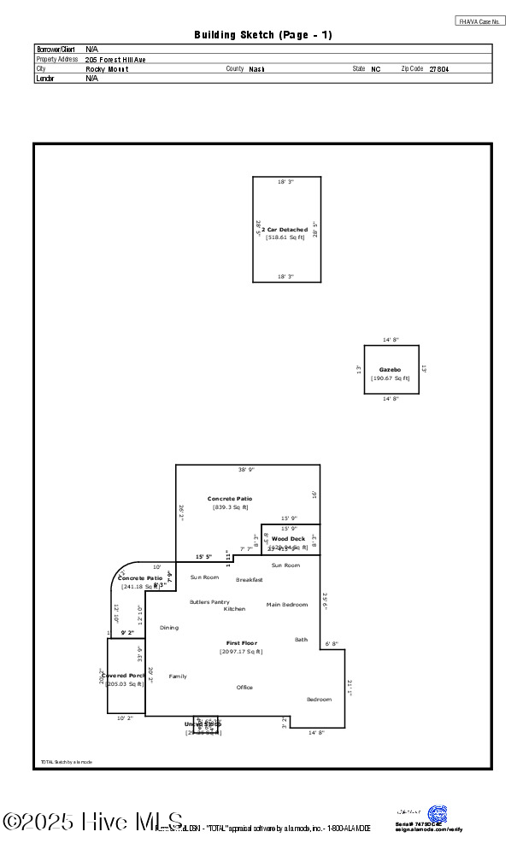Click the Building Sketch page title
pos(263,35)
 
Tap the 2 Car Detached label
pos(285,230)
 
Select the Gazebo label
pos(391,370)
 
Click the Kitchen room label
pos(234,609)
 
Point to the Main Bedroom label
pos(286,605)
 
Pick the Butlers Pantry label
pos(209,602)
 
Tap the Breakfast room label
pos(250,580)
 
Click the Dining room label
pos(169,628)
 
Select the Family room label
pos(178,676)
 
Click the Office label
pos(244,688)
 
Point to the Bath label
pos(301,640)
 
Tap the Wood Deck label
pos(288,539)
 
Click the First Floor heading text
pos(241,643)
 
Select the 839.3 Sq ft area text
pos(230,507)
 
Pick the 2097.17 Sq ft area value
pos(241,652)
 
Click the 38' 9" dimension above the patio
pos(246,470)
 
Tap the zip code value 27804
pos(438,68)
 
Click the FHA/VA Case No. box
pos(480,20)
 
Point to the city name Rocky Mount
pos(107,68)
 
